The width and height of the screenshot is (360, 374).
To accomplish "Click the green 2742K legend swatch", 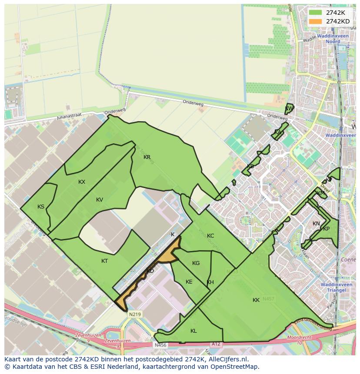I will click(315, 13).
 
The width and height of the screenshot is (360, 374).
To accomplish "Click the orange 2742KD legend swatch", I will click(315, 21).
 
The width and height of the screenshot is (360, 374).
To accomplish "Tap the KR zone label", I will click(147, 157).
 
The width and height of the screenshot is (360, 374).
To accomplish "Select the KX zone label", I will click(82, 182).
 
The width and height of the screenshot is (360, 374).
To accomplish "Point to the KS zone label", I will click(41, 207).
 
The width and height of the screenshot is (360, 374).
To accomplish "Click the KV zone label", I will click(100, 200).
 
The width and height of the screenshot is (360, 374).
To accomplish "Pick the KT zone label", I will click(104, 261).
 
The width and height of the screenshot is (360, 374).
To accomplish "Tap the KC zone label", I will click(210, 236).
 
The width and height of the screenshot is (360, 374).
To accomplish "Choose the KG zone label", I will click(196, 263).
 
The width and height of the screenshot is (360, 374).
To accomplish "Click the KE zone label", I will click(189, 282).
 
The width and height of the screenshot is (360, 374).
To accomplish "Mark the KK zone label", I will click(256, 300).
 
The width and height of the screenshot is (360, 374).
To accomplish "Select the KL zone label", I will click(193, 331).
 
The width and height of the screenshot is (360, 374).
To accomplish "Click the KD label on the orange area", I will click(150, 271).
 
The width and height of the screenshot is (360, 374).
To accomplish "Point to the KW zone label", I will click(288, 109).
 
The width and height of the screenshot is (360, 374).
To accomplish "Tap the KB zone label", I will click(250, 166).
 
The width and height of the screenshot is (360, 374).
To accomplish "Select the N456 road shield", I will click(160, 345).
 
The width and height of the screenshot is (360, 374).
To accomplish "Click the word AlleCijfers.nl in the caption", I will click(227, 359).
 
